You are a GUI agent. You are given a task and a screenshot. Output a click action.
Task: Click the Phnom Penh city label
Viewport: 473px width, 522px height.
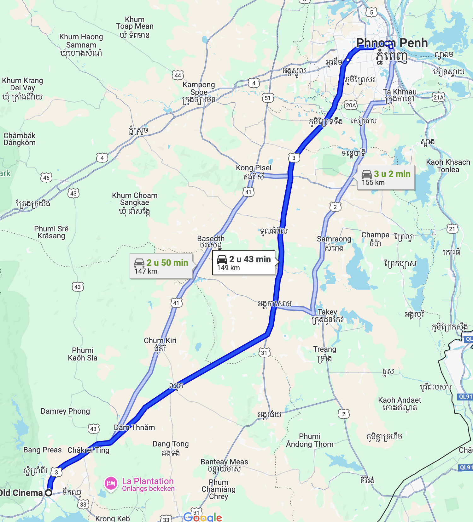coord(392,43)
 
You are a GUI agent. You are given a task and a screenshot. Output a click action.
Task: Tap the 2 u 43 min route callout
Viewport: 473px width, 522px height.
coord(244,263)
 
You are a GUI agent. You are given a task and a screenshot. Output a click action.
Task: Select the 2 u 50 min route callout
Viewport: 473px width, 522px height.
coord(161,266)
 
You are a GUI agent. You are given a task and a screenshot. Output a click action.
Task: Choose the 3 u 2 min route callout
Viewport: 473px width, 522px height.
coord(386,178)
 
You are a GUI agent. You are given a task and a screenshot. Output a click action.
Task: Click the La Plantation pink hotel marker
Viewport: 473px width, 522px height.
coord(111,483)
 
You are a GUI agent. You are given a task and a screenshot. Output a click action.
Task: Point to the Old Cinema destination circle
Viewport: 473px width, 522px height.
coord(49,493)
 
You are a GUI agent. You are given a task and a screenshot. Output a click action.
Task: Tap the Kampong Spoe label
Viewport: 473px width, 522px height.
coord(199,88)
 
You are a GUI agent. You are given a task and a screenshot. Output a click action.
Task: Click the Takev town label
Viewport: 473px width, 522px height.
coord(327,312)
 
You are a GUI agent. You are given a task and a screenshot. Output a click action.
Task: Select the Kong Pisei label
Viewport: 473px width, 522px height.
coord(254,168)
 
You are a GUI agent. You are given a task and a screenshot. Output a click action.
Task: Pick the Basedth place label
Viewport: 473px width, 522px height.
coord(211,239)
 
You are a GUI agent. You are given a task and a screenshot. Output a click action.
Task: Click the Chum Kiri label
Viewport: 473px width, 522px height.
coord(160,341)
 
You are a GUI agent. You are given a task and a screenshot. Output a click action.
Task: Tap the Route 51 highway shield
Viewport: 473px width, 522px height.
coord(268,98)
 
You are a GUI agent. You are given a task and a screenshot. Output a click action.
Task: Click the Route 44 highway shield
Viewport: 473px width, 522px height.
coord(178,75)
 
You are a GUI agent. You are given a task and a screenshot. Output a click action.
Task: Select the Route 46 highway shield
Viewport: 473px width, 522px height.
coord(46,178)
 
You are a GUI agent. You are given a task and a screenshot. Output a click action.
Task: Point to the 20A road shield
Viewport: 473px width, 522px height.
coord(351,105)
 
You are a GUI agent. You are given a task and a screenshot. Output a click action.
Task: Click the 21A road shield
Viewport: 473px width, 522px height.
coord(438,97)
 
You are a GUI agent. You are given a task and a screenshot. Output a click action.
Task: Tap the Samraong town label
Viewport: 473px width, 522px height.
coord(334,239)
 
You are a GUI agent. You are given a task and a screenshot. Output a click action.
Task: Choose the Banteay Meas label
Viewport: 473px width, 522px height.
coord(224,462)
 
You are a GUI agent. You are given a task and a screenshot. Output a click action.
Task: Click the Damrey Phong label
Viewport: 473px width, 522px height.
coord(65,411)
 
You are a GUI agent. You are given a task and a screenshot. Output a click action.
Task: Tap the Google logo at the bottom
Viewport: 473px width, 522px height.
coord(203,517)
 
